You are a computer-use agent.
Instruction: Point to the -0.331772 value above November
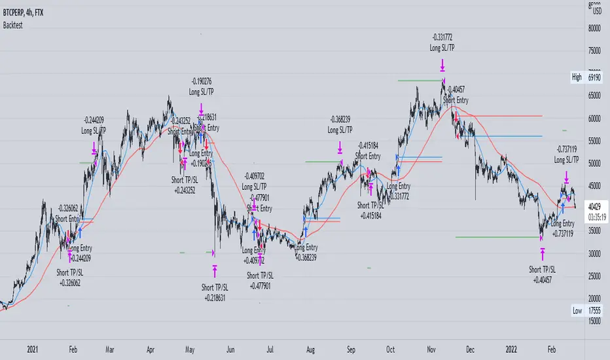click(443, 38)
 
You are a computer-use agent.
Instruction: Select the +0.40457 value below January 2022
click(543, 278)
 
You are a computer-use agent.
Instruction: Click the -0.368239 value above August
click(340, 120)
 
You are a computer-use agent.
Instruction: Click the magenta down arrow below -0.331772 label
click(443, 65)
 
